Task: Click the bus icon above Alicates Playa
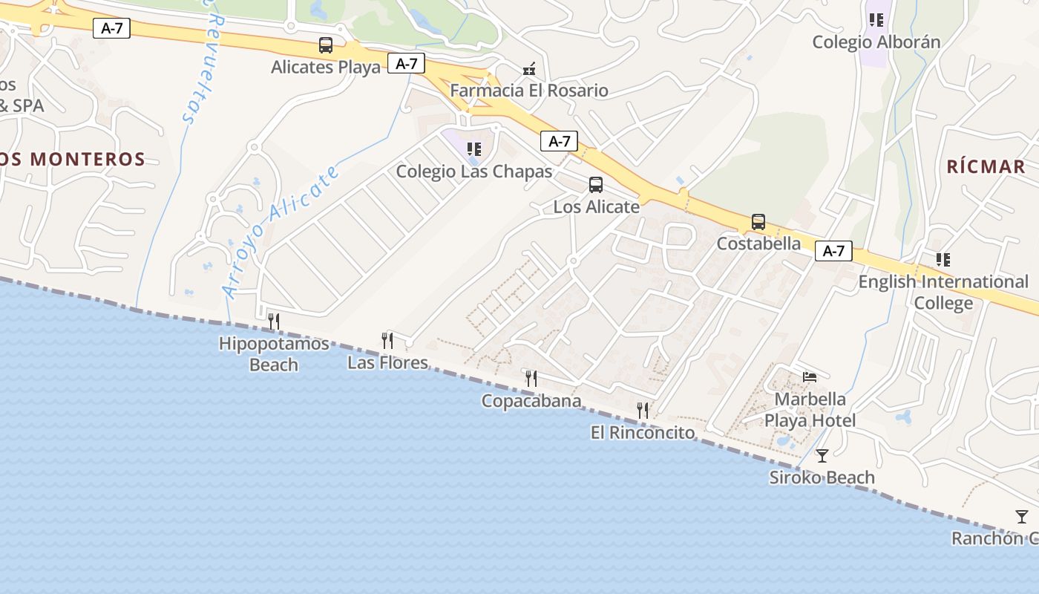[325, 45]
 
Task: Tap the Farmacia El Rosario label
[529, 91]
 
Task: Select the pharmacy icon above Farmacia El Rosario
[529, 70]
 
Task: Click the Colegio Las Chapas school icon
[473, 149]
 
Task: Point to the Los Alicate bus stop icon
[596, 185]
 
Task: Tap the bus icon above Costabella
[758, 222]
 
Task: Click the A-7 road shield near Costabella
[833, 251]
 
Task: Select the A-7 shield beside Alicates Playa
[406, 64]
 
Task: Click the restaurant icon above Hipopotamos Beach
[274, 322]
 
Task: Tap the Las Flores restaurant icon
[387, 341]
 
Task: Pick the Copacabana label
[531, 401]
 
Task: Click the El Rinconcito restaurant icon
[643, 410]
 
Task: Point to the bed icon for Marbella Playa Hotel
[810, 377]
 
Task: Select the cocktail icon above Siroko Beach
[822, 455]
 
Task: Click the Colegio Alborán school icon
[876, 20]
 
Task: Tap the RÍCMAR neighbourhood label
[986, 166]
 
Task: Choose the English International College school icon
[943, 260]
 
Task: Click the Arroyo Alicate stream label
[283, 231]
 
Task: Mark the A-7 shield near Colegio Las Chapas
[559, 141]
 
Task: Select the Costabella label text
[758, 244]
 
